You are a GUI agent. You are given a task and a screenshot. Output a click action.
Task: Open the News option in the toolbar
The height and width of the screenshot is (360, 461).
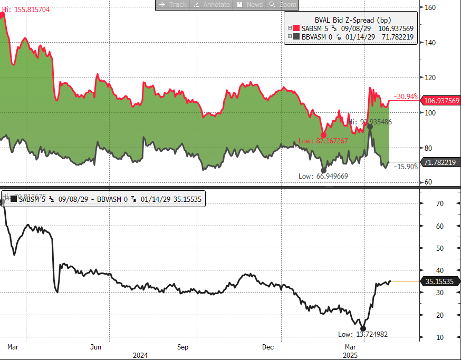pos(249,4)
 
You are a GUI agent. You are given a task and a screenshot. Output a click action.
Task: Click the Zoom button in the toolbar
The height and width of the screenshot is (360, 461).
pos(283,4)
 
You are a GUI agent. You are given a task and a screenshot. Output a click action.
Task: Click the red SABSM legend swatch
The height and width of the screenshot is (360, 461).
pos(296,28)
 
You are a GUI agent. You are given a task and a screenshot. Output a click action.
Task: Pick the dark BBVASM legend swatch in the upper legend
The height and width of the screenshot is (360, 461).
pos(296,37)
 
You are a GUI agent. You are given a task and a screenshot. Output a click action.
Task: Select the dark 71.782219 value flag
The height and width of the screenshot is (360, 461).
pos(440,162)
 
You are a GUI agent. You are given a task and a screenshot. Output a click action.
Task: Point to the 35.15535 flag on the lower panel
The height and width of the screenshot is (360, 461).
pos(439,282)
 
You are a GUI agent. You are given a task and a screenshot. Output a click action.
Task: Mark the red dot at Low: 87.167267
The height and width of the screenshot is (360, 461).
pos(324,134)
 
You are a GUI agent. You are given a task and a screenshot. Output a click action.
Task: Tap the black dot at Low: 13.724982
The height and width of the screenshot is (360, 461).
pos(363,328)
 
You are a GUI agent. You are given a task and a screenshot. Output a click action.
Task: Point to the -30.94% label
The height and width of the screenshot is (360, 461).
pos(406,96)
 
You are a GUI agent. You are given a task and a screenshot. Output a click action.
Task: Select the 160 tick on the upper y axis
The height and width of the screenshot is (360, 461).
pos(430,7)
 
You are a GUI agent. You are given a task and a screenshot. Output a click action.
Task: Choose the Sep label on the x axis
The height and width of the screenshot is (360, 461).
pos(183,347)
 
